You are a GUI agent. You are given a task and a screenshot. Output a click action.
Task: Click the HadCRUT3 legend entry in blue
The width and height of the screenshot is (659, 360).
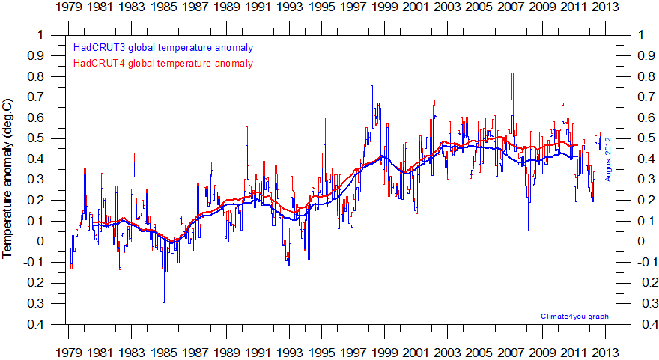tap(163, 47)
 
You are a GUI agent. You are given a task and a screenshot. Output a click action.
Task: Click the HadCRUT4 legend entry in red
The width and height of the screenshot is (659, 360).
tap(163, 63)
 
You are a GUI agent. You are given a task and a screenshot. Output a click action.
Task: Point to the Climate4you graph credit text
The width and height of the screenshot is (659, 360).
tap(574, 317)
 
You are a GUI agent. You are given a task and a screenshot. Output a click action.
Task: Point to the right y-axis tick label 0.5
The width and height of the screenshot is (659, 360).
tap(644, 138)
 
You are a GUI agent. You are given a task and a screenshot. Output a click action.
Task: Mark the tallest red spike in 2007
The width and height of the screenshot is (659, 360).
tap(512, 74)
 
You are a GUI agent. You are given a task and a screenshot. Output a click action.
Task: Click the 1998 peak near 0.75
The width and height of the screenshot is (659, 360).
tap(371, 87)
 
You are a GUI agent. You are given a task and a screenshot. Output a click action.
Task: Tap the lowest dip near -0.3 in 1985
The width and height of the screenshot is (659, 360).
tap(163, 302)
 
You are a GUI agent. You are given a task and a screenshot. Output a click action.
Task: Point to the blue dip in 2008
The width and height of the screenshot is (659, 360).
tap(528, 229)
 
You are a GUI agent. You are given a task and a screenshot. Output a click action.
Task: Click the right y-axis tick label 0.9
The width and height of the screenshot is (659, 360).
tap(644, 56)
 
